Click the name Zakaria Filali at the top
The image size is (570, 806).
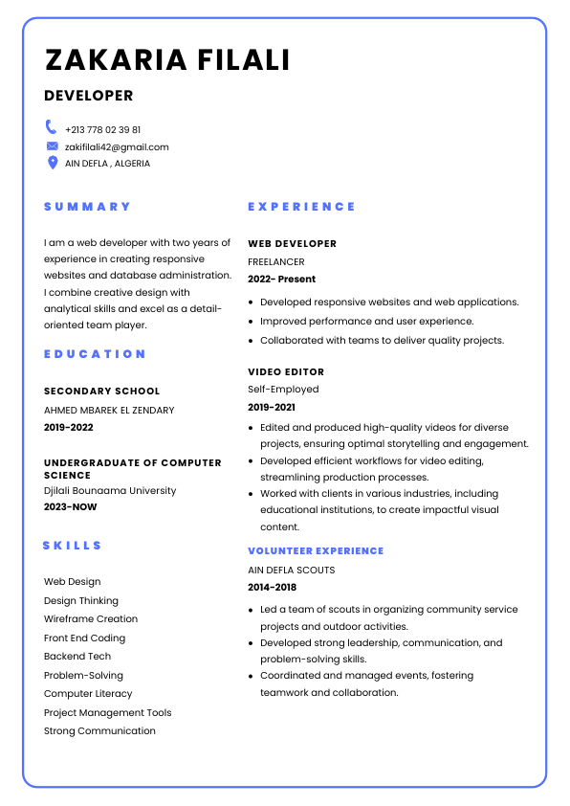167,60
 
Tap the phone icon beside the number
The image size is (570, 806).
52,127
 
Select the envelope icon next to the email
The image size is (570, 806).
52,146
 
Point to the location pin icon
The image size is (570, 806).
52,163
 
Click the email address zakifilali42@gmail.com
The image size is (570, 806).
117,147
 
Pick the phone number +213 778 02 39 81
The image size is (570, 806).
103,129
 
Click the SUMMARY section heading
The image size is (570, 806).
87,207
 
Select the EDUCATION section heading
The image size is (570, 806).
95,354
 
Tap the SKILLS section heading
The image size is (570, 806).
72,546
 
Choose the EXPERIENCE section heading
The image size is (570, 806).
301,207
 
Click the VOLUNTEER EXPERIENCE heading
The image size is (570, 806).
316,551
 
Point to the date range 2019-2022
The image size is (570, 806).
69,428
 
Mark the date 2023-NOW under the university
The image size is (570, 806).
71,507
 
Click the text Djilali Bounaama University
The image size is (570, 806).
110,491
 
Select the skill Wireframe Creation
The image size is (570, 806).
91,619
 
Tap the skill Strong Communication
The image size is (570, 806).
99,731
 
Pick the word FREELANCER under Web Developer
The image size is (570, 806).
276,261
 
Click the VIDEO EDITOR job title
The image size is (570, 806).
286,372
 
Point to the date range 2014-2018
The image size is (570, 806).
273,588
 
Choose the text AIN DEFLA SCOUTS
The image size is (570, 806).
292,571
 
